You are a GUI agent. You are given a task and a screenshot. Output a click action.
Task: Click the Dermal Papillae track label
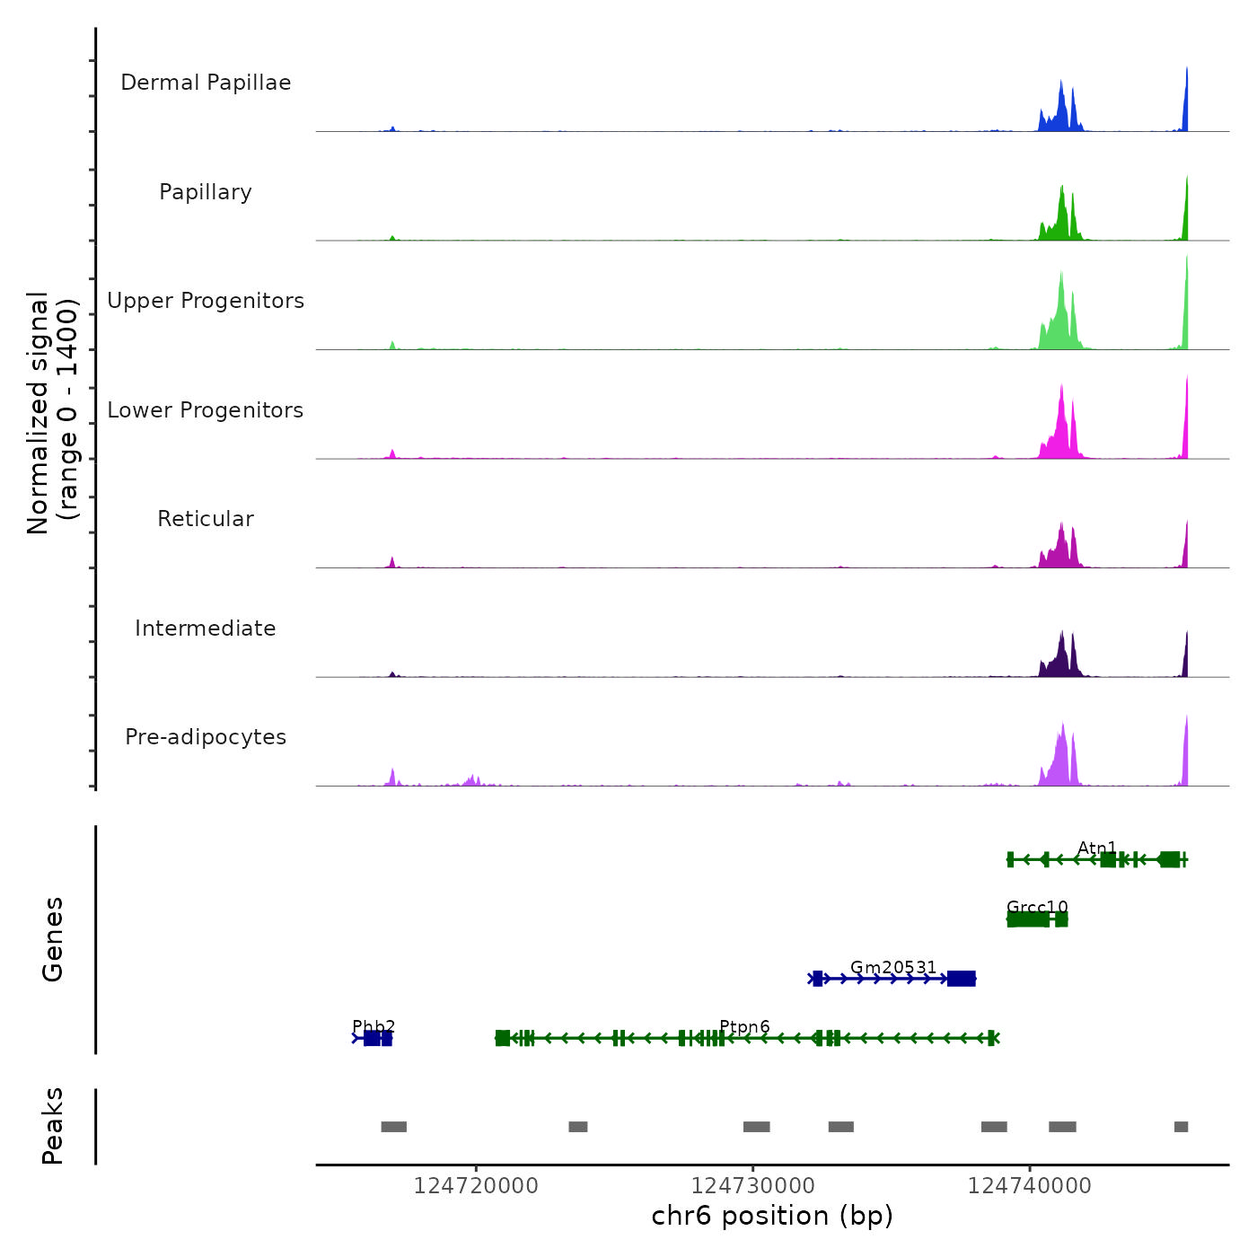tap(206, 83)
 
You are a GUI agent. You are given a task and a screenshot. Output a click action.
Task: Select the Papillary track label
tap(206, 192)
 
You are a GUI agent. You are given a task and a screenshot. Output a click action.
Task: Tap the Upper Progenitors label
tap(206, 301)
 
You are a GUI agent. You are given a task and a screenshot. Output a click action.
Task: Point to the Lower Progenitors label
tap(206, 410)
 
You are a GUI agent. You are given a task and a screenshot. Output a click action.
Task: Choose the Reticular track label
tap(206, 519)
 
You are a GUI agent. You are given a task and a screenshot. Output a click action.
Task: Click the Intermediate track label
tap(206, 628)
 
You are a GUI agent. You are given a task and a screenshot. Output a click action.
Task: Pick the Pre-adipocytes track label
tap(206, 737)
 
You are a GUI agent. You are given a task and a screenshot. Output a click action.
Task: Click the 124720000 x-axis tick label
tap(476, 1186)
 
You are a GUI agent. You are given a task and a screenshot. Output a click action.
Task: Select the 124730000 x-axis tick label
tap(753, 1186)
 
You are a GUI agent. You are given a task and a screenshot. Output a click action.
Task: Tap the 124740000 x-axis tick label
tap(1030, 1186)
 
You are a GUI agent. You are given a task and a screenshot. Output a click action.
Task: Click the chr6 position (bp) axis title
tap(772, 1216)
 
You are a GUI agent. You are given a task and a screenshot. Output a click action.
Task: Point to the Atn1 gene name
tap(1097, 848)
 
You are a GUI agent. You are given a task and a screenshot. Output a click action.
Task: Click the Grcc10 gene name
tap(1037, 907)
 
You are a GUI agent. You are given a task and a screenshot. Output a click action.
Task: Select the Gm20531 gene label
tap(893, 967)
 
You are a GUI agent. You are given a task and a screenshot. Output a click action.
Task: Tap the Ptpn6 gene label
tap(744, 1026)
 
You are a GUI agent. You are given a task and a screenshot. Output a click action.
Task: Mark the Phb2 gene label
tap(374, 1026)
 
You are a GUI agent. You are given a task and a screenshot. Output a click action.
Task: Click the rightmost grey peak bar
tap(1181, 1127)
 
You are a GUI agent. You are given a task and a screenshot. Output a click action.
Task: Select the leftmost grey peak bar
tap(393, 1127)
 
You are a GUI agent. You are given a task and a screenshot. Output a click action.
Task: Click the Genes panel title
tap(53, 939)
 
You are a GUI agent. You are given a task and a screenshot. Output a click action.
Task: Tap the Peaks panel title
tap(53, 1126)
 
